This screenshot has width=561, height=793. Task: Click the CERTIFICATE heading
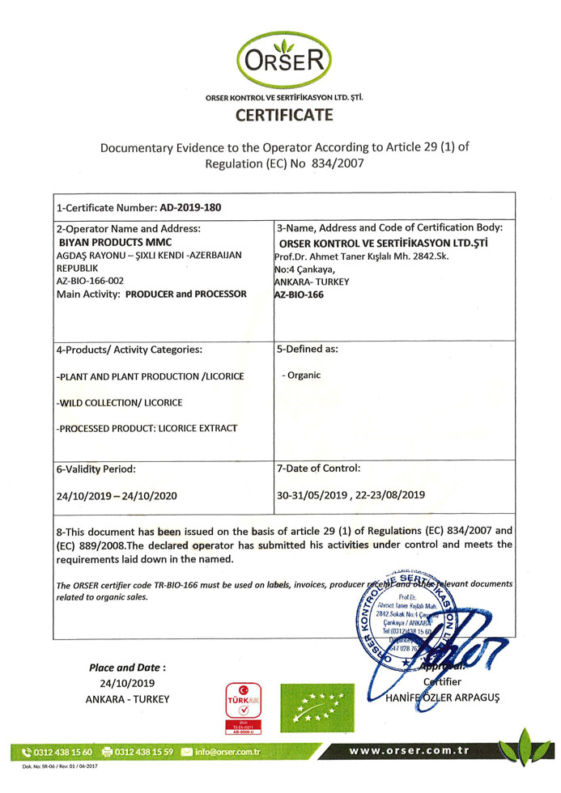tap(284, 115)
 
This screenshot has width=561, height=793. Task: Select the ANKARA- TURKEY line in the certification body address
tap(312, 282)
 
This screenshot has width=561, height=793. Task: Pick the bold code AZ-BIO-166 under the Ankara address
tap(300, 295)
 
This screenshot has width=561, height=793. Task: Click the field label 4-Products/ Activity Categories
tap(130, 350)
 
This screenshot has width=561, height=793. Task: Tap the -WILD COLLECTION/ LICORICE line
tap(120, 402)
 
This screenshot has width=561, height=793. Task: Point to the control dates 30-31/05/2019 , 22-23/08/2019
tap(351, 494)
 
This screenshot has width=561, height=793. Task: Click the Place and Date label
tap(127, 668)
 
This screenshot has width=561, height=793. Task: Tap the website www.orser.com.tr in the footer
tap(408, 751)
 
